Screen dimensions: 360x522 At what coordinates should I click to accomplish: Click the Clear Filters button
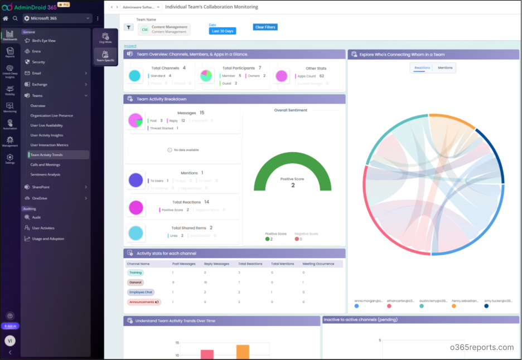tap(265, 27)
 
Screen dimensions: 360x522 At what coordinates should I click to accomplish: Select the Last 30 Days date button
tap(223, 31)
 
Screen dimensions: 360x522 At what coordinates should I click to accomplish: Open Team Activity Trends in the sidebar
tap(55, 155)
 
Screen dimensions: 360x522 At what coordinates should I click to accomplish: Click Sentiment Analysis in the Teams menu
tap(46, 174)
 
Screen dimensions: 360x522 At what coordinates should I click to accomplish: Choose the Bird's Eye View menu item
tap(43, 41)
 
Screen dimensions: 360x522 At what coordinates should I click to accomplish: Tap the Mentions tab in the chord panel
tap(445, 67)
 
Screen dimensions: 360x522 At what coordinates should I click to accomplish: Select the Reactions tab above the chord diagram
tap(422, 67)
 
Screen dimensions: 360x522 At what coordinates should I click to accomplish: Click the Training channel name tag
tap(135, 273)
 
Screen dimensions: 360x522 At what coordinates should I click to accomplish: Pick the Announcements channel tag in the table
tap(144, 302)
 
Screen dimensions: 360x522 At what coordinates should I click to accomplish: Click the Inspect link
tap(130, 46)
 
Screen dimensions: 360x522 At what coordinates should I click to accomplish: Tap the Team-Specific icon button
tap(105, 56)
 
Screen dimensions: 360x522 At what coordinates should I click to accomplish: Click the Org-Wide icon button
tap(105, 38)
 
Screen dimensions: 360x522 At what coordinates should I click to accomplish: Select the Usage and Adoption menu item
tap(48, 239)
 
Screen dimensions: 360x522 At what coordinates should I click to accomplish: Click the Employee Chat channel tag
tap(141, 292)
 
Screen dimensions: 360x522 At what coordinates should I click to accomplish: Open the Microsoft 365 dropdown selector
tap(57, 18)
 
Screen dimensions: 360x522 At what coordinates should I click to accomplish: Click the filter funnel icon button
tap(129, 27)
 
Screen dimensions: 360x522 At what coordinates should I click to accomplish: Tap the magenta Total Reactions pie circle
tap(136, 207)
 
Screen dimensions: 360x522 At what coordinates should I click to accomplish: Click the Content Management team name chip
tap(165, 29)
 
